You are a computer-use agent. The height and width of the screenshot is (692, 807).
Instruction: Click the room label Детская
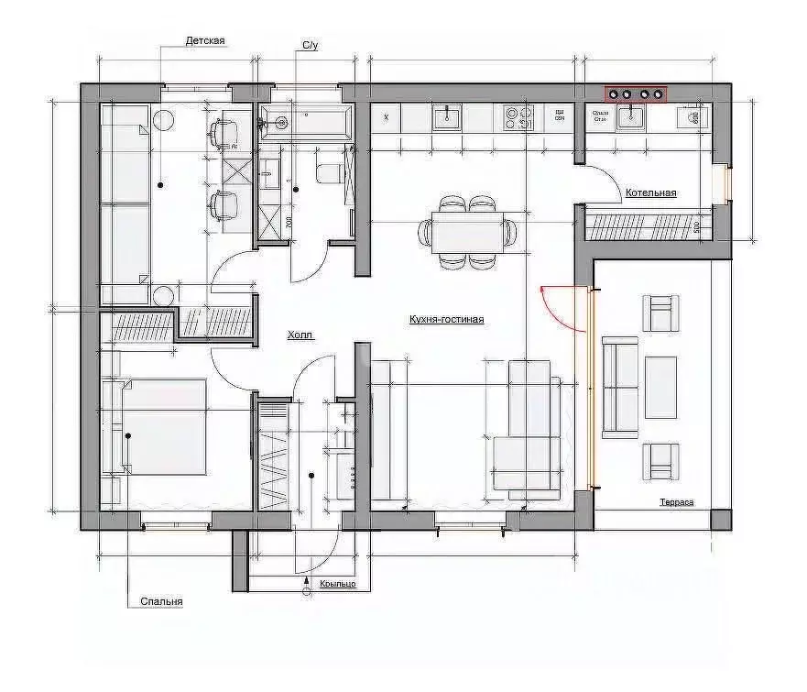pyautogui.click(x=205, y=41)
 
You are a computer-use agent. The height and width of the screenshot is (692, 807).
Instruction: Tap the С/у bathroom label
pyautogui.click(x=310, y=45)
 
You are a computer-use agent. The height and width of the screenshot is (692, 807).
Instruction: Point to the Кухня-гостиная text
pyautogui.click(x=446, y=320)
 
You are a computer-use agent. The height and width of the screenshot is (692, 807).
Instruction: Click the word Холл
pyautogui.click(x=300, y=336)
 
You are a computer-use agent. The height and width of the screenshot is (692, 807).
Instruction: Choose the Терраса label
pyautogui.click(x=676, y=502)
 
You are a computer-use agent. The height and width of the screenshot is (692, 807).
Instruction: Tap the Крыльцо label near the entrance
pyautogui.click(x=338, y=584)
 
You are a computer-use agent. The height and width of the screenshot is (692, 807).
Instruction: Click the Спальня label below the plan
pyautogui.click(x=161, y=602)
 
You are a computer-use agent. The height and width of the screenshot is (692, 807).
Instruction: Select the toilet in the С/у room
pyautogui.click(x=329, y=171)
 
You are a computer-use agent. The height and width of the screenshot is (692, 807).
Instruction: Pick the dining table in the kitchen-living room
pyautogui.click(x=467, y=233)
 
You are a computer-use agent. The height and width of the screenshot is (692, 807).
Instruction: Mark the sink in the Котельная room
pyautogui.click(x=631, y=115)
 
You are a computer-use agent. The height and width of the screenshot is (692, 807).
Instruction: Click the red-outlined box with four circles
pyautogui.click(x=635, y=93)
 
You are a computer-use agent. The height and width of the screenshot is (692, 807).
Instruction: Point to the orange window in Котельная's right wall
pyautogui.click(x=728, y=183)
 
